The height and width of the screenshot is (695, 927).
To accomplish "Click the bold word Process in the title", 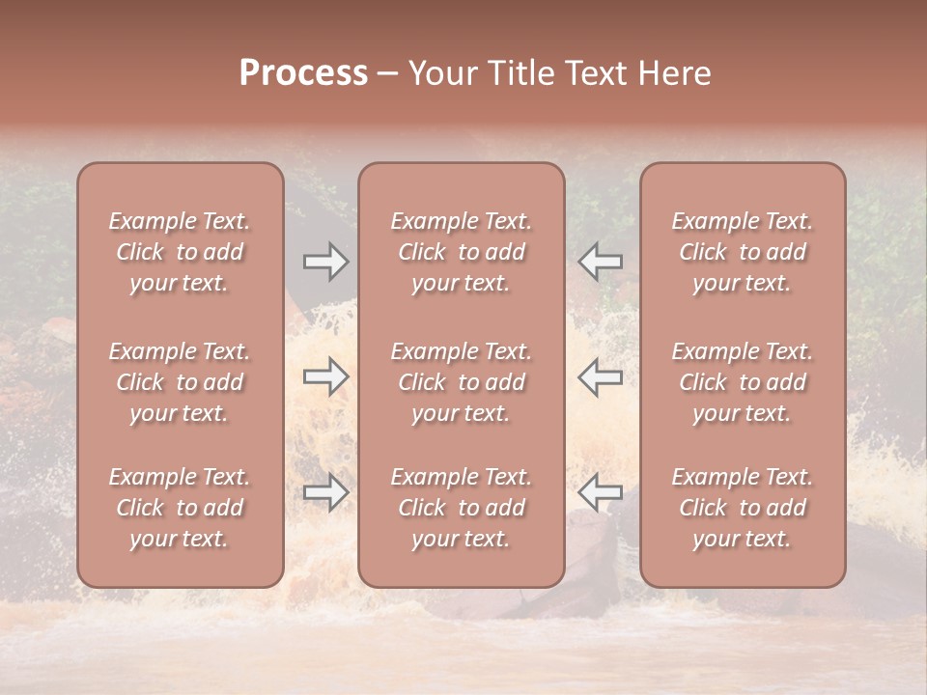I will (303, 73).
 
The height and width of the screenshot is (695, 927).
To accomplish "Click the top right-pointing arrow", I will (325, 262).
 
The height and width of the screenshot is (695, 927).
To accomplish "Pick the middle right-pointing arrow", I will (325, 376).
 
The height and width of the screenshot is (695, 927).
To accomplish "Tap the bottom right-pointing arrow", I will (325, 492).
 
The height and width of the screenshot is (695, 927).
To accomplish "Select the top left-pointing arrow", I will (601, 262).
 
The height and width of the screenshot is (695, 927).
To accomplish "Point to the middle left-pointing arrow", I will (601, 376).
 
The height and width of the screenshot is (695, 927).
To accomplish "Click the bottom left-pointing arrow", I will (601, 492).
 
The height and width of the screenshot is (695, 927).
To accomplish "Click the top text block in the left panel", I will (180, 252).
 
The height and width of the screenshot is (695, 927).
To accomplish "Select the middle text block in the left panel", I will (180, 382).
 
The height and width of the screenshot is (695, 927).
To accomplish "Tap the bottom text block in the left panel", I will (180, 508).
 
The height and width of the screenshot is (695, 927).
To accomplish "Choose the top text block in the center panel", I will (461, 252).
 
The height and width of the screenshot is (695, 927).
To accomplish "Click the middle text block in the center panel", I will (461, 382).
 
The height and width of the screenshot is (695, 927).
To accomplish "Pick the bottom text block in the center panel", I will (461, 508).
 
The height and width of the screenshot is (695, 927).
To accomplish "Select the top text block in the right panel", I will (743, 252).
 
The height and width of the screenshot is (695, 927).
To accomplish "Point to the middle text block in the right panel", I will (743, 382).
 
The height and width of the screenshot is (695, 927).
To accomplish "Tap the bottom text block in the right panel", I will (743, 508).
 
